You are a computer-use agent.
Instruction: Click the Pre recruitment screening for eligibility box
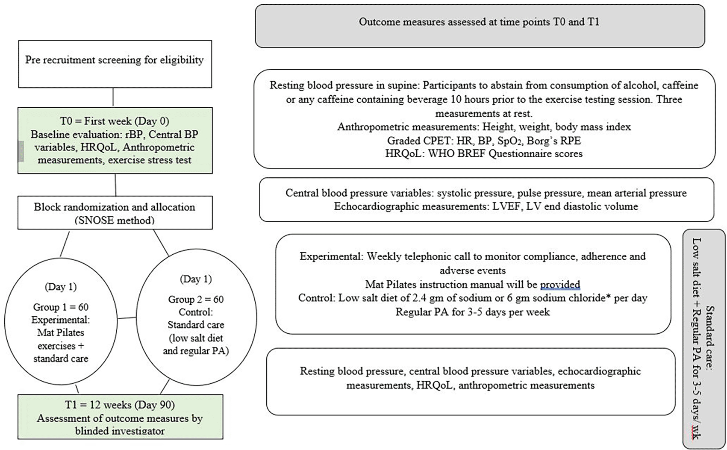pos(115,64)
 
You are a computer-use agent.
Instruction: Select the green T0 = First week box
pos(115,141)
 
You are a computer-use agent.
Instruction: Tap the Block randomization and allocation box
pos(115,212)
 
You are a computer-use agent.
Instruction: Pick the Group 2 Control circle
pos(196,317)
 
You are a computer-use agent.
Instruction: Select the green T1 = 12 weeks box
pos(121,417)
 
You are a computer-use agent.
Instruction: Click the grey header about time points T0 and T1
pos(480,26)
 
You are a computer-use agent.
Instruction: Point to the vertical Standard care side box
pos(703,339)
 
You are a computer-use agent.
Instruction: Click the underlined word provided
pos(560,285)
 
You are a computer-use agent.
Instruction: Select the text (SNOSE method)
pos(115,221)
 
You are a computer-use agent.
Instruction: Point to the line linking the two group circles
pos(127,318)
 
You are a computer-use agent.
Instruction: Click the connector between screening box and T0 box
pos(113,97)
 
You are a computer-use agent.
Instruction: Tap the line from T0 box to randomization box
pos(115,185)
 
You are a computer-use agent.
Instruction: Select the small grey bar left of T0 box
pos(21,151)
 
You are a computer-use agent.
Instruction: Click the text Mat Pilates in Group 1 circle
pos(61,332)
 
